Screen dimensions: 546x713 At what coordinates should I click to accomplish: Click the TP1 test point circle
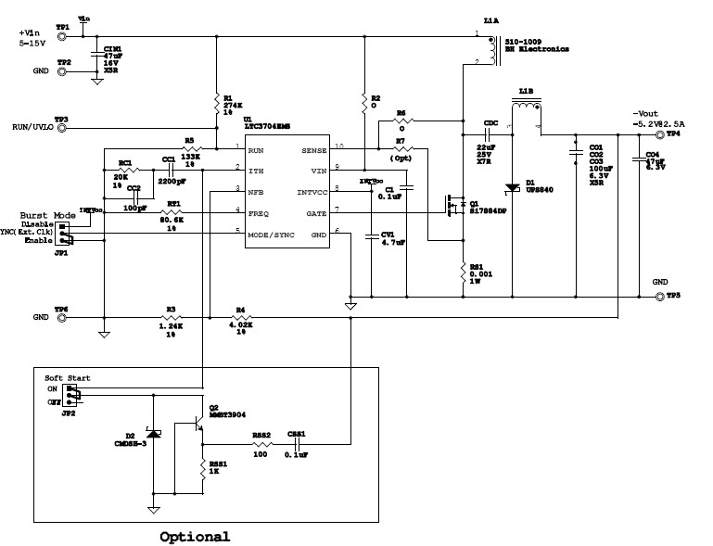pos(62,37)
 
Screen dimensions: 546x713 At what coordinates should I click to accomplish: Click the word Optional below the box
pos(194,537)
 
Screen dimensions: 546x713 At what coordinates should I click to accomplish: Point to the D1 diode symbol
pos(510,188)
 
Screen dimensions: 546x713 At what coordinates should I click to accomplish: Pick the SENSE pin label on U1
pos(312,148)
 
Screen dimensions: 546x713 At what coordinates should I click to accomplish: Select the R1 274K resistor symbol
pos(216,103)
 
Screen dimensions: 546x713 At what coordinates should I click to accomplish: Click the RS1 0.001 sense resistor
pos(463,272)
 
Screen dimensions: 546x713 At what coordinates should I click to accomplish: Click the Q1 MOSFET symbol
pos(453,205)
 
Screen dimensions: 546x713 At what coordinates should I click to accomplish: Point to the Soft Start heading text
pos(68,378)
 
